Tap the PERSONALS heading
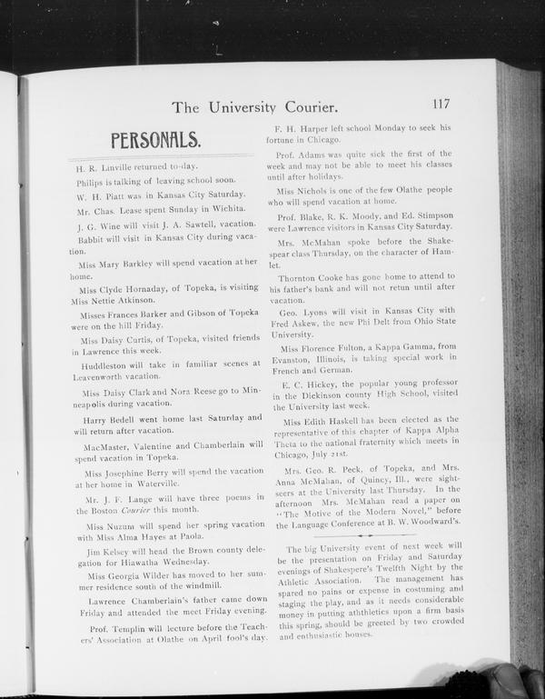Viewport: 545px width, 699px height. click(154, 140)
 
